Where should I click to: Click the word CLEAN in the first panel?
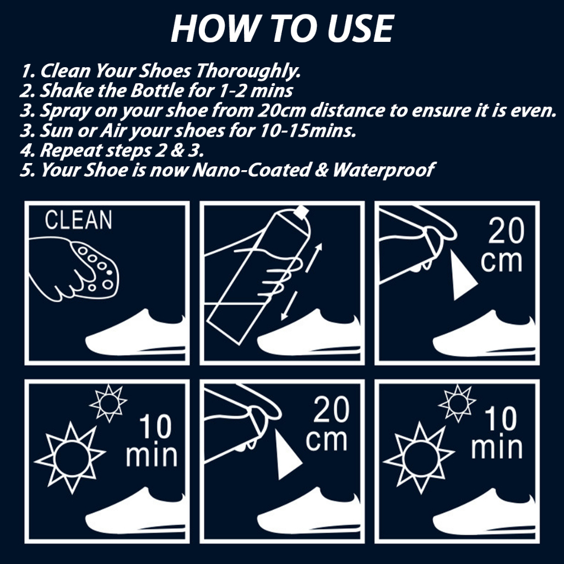click(78, 220)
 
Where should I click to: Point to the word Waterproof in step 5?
click(384, 170)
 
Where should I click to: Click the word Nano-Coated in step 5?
click(251, 170)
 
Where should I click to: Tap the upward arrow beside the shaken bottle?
click(313, 257)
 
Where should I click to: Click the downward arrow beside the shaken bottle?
click(289, 306)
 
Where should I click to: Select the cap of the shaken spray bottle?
click(301, 211)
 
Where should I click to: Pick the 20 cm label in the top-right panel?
click(503, 246)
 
